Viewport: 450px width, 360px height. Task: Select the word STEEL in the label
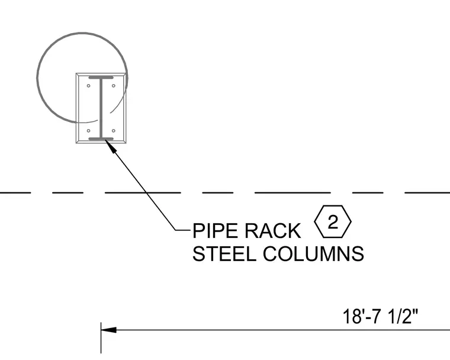(x=224, y=253)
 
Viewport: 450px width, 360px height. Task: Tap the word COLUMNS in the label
(x=313, y=253)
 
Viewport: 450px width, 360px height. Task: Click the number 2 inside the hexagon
(x=333, y=221)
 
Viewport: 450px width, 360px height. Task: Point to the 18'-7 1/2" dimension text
(x=381, y=316)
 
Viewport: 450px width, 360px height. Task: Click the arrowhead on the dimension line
(x=109, y=330)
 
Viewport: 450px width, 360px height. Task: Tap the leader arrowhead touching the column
(x=111, y=146)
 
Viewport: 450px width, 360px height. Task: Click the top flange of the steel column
(x=101, y=78)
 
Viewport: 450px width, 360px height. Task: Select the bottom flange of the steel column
(x=101, y=139)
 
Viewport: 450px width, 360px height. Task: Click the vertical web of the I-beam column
(x=101, y=108)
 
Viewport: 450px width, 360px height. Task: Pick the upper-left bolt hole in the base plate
(x=88, y=85)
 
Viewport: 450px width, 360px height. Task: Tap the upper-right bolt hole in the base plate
(x=114, y=85)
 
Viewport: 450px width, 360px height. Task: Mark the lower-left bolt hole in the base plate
(x=88, y=131)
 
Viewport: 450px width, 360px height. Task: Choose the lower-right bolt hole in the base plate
(x=114, y=131)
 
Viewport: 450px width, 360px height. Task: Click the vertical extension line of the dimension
(x=101, y=337)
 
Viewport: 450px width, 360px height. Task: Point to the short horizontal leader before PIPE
(x=183, y=230)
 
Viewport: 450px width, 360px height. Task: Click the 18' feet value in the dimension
(x=352, y=316)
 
